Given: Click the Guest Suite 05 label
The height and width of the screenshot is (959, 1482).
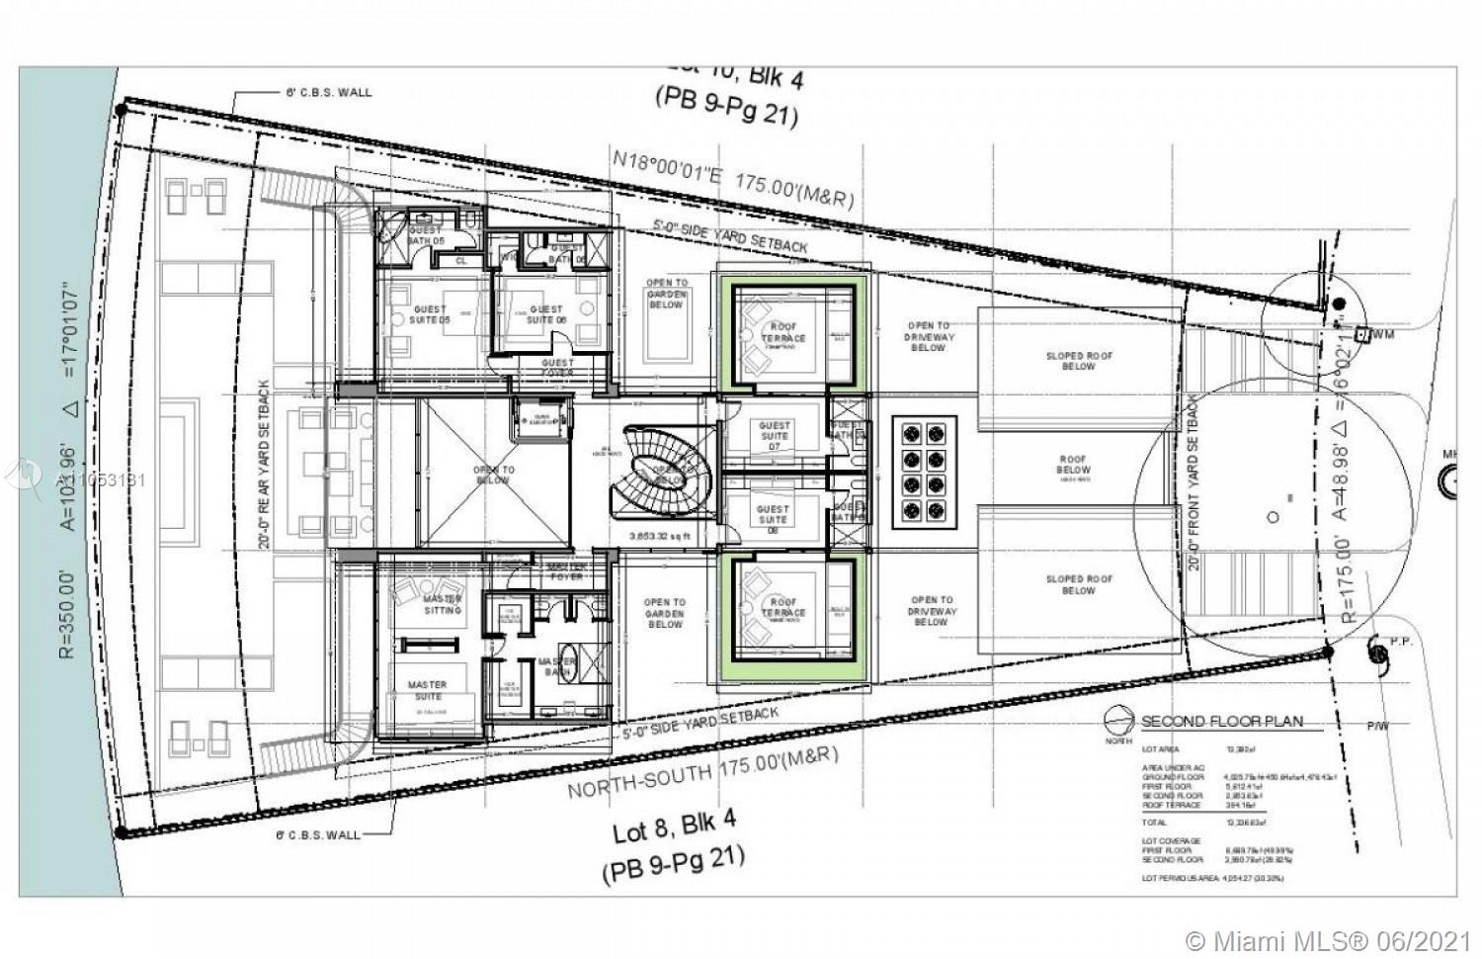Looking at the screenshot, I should click(x=430, y=314).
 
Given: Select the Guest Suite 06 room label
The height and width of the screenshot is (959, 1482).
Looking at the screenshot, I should click(x=545, y=314).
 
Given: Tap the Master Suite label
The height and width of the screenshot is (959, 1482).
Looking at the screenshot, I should click(x=427, y=690).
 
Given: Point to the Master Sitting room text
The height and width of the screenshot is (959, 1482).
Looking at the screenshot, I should click(x=442, y=604).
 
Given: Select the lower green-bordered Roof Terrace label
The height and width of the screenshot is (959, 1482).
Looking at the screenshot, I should click(x=783, y=607).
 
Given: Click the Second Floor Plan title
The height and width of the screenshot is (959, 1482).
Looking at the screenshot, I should click(x=1221, y=722).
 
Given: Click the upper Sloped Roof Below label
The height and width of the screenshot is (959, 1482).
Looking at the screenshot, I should click(x=1079, y=361).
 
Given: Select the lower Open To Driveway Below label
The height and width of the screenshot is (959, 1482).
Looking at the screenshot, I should click(x=932, y=611).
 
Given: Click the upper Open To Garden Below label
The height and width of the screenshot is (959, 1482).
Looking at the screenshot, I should click(x=666, y=294).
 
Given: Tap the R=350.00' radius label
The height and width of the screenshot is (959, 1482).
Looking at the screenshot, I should click(x=66, y=613).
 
